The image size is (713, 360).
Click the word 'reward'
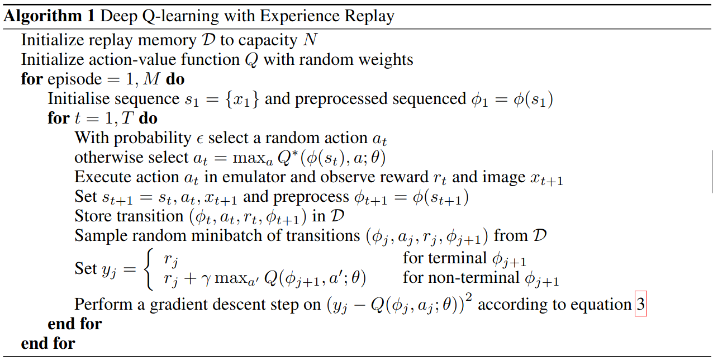[x=424, y=177]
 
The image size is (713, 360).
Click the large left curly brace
[x=149, y=268]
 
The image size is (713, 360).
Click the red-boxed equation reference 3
[x=641, y=305]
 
